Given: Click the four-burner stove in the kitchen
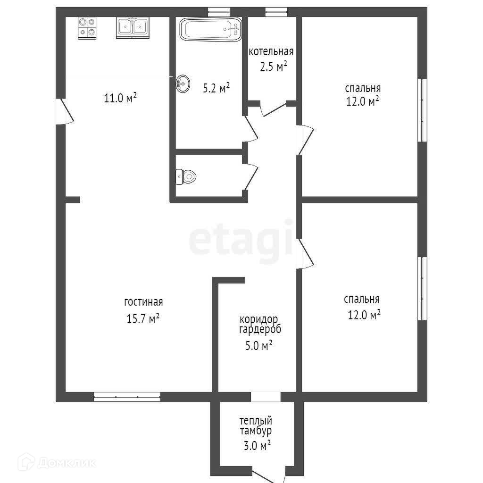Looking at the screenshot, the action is (x=87, y=28).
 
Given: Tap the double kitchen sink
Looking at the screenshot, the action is (x=133, y=28).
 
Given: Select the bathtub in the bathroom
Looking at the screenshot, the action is (x=211, y=29).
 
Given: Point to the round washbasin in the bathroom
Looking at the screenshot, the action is (x=183, y=84).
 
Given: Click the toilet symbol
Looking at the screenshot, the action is (x=186, y=177).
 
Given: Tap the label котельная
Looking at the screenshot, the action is (x=271, y=51).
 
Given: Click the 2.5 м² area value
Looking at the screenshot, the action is (x=274, y=66).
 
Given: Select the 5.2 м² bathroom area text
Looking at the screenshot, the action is (x=216, y=88).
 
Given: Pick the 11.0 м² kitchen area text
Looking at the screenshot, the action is (x=120, y=98).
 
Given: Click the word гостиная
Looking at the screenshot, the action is (x=143, y=302).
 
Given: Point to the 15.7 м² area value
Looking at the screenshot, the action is (x=143, y=318).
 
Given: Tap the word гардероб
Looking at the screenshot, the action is (x=260, y=330).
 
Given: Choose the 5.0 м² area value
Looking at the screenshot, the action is (x=259, y=345).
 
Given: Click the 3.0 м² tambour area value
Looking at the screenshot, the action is (x=257, y=445).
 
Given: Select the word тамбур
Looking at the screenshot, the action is (x=256, y=431).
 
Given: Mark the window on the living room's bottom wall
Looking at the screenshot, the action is (x=127, y=397).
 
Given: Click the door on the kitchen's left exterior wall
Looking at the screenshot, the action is (x=65, y=111).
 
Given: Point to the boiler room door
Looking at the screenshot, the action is (x=274, y=109).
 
